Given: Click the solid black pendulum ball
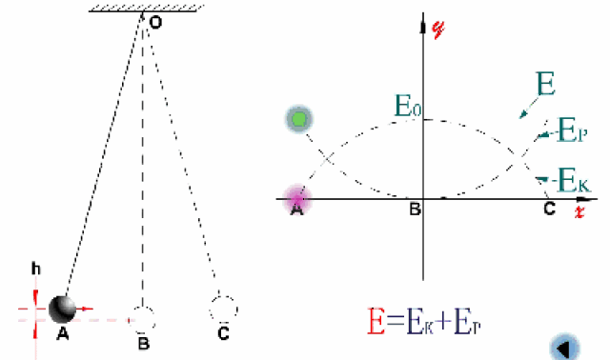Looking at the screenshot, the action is (x=62, y=310).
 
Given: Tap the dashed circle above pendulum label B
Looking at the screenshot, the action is (x=142, y=308).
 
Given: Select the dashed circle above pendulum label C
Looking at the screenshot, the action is (x=224, y=297).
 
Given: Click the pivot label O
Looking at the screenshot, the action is (x=155, y=23).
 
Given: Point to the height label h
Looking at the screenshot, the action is (x=36, y=269).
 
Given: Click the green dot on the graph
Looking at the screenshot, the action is (x=298, y=119).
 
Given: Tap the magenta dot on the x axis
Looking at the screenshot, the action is (x=297, y=199).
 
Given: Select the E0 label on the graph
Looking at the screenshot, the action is (x=408, y=106).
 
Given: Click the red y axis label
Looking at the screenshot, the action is (x=438, y=29).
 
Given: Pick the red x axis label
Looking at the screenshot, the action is (x=579, y=211).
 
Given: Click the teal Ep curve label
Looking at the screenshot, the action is (x=572, y=130).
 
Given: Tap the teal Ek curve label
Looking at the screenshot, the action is (x=574, y=180).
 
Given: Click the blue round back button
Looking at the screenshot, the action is (x=564, y=348).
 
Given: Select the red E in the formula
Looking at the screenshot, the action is (x=376, y=321).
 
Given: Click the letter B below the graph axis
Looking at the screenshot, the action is (x=416, y=210).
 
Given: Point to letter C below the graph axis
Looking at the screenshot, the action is (x=549, y=209).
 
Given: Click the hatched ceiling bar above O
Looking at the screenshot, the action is (x=147, y=9).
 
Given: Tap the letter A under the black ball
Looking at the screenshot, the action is (x=63, y=333).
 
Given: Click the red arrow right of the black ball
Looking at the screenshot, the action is (x=85, y=310).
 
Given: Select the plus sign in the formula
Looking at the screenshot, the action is (x=444, y=322).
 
